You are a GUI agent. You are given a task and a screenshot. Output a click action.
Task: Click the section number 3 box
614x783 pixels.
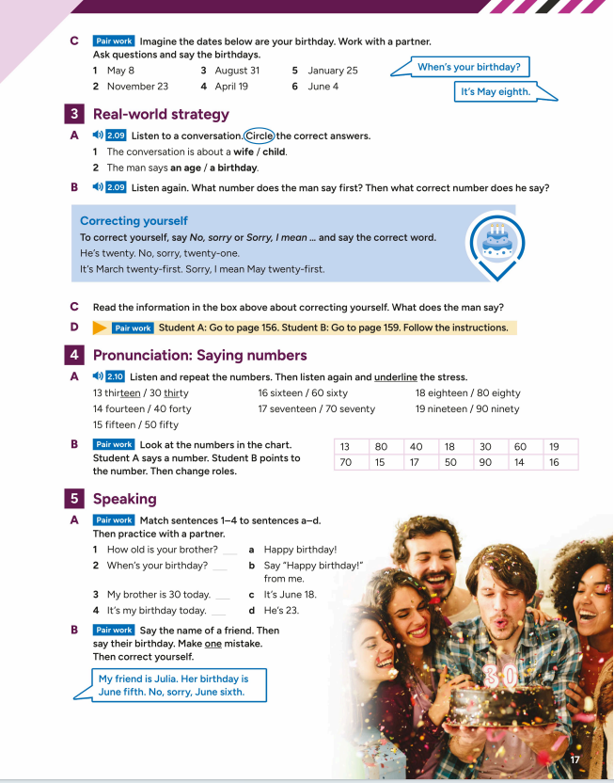pos(73,115)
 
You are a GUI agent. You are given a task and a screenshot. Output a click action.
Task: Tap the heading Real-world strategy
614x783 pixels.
pos(161,115)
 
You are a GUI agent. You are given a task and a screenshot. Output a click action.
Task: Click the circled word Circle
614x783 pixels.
pos(259,136)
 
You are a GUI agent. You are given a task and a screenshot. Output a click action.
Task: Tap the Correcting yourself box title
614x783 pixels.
pos(134,221)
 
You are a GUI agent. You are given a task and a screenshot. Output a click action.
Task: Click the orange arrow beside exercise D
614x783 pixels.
pos(100,328)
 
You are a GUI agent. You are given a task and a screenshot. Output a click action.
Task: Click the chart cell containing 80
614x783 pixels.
pos(381,447)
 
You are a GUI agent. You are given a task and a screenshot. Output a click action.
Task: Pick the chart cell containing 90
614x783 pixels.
pos(485,462)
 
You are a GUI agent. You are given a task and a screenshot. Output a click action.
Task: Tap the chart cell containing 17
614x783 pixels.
pos(416,462)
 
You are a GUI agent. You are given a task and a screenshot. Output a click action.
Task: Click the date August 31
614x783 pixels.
pos(237,71)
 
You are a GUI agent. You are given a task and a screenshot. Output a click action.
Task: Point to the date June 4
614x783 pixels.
pos(323,87)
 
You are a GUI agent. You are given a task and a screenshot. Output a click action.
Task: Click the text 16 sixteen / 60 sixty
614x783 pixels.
pos(303,393)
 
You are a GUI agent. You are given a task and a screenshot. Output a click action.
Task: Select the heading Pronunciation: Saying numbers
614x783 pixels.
pos(199,355)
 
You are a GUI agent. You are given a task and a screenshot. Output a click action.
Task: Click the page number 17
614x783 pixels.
pos(577,759)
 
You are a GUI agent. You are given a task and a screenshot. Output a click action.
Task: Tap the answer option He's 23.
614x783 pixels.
pos(288,610)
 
